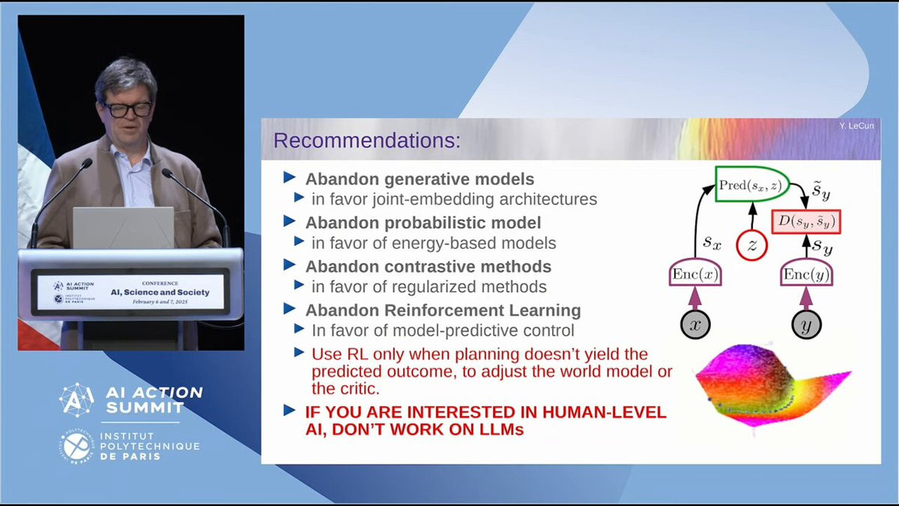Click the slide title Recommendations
coord(367,141)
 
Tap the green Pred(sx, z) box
coord(752,184)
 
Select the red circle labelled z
coord(751,245)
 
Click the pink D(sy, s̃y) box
coord(806,221)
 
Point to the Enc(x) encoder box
coord(695,273)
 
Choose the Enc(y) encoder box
coord(806,273)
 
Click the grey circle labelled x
coord(695,325)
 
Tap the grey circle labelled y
coord(806,325)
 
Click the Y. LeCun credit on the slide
coord(856,126)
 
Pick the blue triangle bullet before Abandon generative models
coord(289,177)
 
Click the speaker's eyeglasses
coord(127,109)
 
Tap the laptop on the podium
coord(123,228)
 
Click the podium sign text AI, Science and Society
coord(160,292)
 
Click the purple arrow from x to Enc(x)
coord(695,298)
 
